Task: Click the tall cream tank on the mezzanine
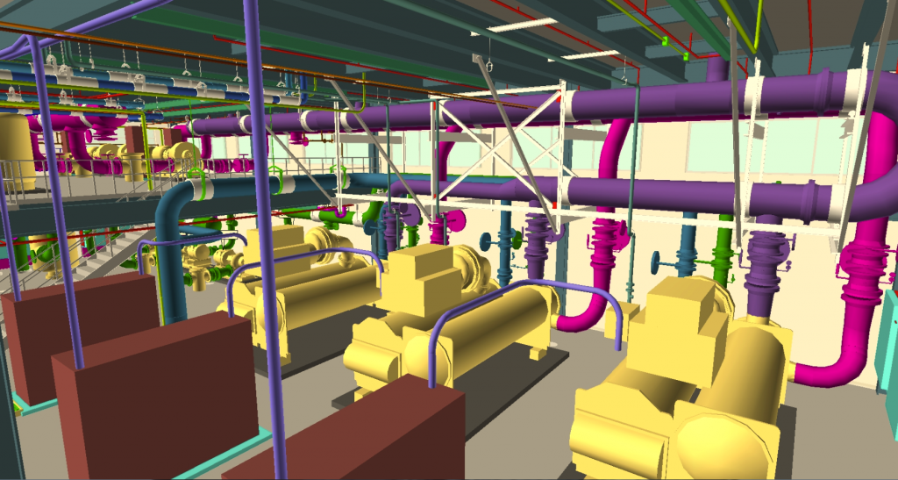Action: pos(15,151)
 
